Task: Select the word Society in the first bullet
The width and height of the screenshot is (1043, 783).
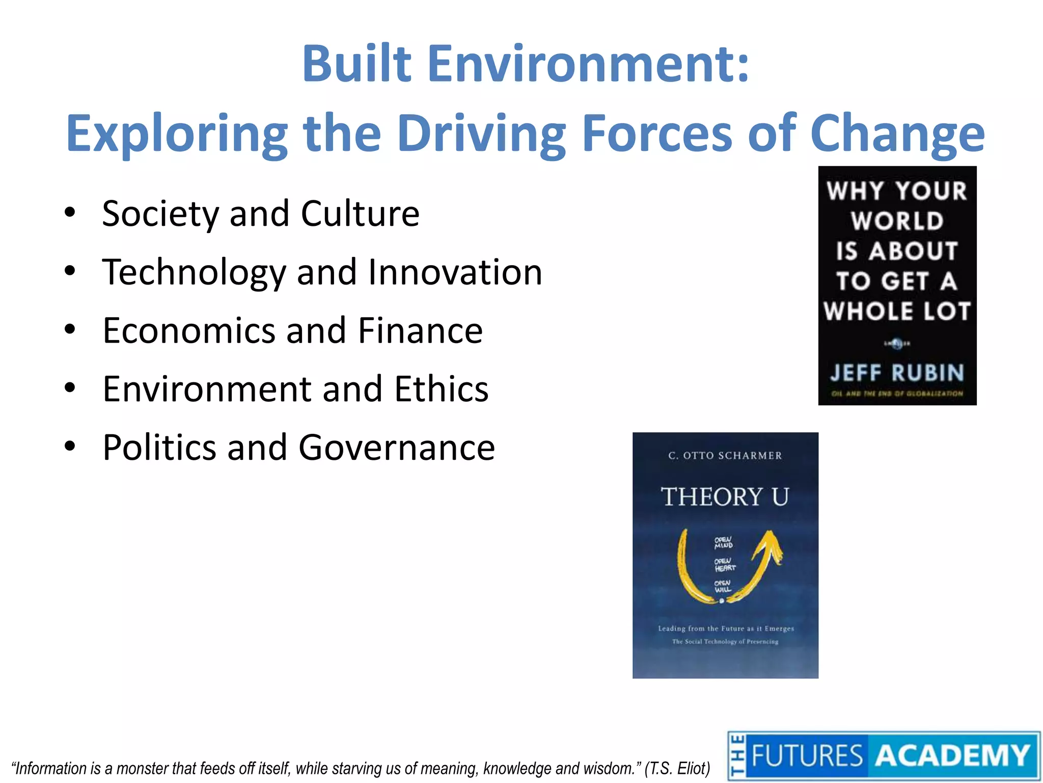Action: click(160, 214)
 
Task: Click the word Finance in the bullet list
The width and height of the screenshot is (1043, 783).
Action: click(420, 331)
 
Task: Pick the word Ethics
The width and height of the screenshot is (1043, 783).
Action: click(441, 389)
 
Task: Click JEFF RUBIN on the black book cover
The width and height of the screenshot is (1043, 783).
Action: click(897, 373)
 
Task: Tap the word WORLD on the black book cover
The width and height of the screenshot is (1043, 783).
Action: click(897, 221)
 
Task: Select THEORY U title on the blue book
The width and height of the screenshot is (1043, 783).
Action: click(725, 497)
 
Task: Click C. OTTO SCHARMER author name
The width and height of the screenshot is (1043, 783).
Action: click(725, 455)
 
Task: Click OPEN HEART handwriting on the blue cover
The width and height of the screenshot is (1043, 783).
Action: click(724, 565)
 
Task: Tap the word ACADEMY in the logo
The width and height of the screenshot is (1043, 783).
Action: click(951, 755)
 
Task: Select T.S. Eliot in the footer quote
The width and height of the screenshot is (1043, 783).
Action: click(678, 768)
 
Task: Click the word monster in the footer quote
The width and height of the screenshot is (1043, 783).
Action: click(143, 768)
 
